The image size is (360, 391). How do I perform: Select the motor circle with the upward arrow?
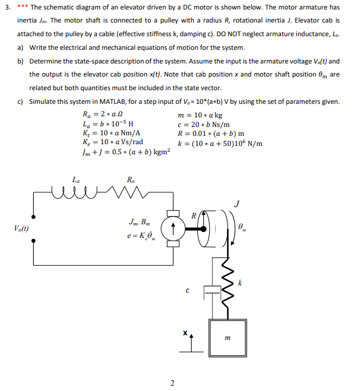coord(173,228)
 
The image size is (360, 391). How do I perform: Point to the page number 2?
coord(172,383)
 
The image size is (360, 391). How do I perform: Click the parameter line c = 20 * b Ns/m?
coord(204,124)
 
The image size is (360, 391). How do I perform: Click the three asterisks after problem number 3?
coord(23,7)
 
